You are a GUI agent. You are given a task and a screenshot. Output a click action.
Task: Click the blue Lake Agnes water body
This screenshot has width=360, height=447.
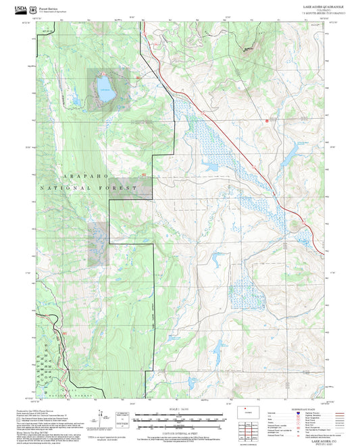(104, 88)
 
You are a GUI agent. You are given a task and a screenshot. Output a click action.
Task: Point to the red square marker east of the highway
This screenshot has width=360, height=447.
(267, 121)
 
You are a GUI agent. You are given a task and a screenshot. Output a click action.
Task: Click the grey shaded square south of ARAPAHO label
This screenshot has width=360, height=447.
(97, 243)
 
